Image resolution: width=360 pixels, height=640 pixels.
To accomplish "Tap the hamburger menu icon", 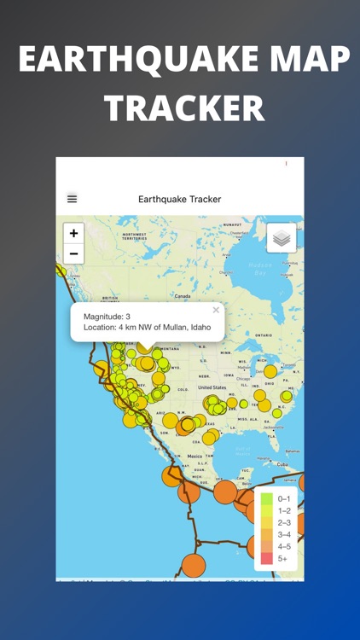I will click(72, 199).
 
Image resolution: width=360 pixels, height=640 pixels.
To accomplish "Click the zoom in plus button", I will click(74, 233).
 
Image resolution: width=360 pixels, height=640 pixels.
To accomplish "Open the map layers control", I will click(282, 238).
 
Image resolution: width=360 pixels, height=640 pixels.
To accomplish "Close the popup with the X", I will click(216, 311).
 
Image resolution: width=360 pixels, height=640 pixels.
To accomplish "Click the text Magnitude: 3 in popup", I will click(107, 317).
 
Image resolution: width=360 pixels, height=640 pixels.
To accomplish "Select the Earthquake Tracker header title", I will click(179, 199).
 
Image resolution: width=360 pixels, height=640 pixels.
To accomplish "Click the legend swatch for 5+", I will click(267, 558).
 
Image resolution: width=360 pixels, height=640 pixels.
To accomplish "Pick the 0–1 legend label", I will click(284, 499).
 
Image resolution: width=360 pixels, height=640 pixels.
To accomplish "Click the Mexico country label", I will click(194, 457).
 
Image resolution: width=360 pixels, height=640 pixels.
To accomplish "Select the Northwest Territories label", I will click(134, 236).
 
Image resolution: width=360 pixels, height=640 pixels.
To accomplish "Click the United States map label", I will click(212, 387).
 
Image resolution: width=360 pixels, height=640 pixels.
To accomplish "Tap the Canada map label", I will click(183, 296).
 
